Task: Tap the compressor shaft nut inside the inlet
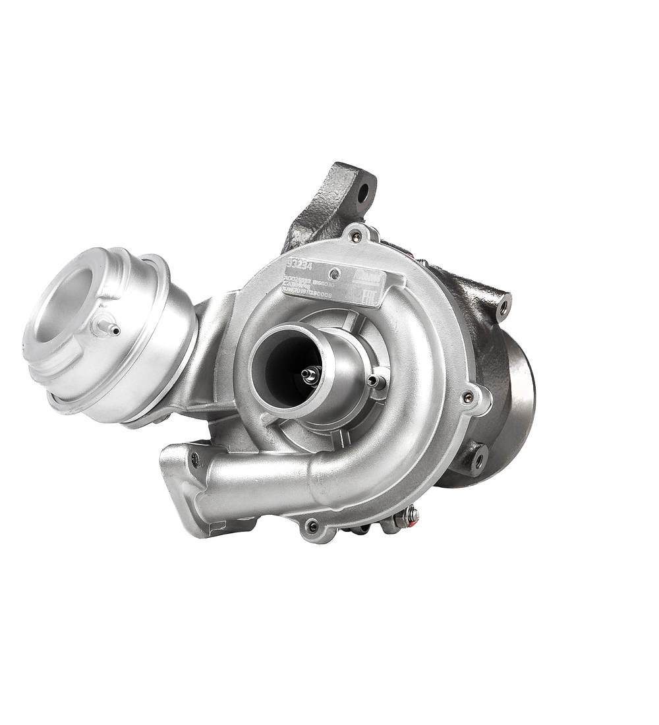point(307,374)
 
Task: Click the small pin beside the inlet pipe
point(376,380)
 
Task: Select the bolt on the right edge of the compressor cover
point(468,396)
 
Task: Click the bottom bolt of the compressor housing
point(312,525)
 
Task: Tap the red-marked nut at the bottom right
point(413,515)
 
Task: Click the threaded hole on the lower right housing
point(479,454)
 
